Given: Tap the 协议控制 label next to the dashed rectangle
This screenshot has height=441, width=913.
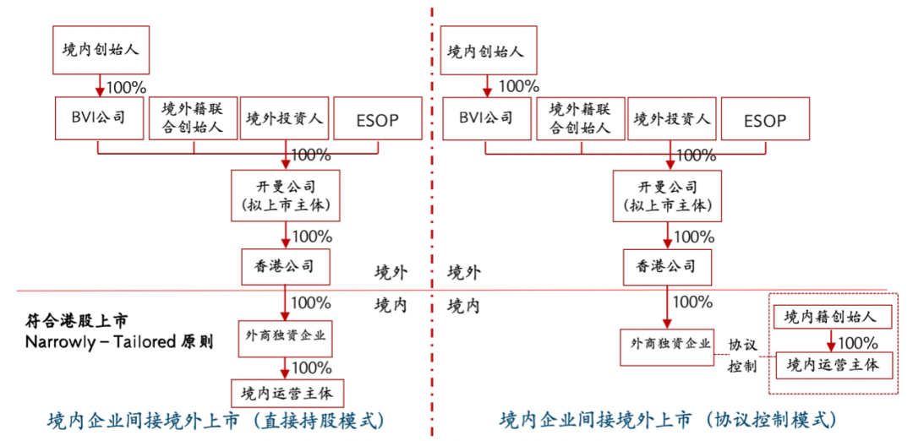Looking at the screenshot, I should (744, 356).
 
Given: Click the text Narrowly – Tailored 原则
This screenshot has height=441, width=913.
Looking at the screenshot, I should (118, 343).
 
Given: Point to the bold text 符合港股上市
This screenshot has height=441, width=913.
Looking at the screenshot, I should (77, 322).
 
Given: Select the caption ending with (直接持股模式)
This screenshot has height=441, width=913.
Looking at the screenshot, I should (215, 419).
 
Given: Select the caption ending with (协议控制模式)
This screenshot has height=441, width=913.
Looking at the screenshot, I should (668, 419).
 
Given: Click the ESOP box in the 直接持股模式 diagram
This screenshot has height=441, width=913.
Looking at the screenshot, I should (378, 118).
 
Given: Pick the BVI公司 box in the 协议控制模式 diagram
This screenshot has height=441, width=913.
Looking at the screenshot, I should (484, 118).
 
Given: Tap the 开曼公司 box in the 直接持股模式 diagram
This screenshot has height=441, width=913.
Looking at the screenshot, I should (287, 195).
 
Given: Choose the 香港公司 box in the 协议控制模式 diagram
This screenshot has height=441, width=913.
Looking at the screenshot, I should (666, 266).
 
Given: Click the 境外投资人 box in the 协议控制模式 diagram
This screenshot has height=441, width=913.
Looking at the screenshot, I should (672, 118).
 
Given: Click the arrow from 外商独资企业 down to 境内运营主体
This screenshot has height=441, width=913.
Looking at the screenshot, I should (286, 368).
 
